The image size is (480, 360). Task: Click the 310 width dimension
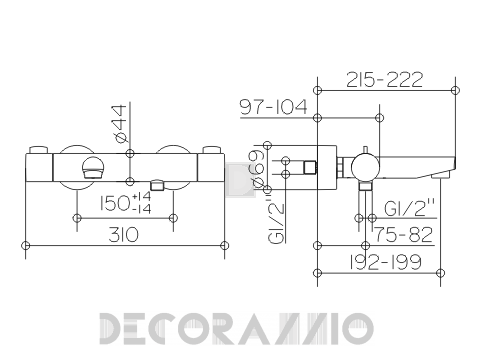[x=123, y=235]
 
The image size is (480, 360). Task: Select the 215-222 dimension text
[x=385, y=80]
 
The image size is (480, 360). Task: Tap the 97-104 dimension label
[x=273, y=107]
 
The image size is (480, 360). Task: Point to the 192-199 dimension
[x=385, y=262]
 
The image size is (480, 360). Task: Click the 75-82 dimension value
[x=404, y=235]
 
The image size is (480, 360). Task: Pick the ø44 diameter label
[x=120, y=123]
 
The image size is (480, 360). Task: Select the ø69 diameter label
[x=259, y=169]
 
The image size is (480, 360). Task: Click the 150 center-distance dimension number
[x=115, y=203]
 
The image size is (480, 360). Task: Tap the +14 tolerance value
[x=141, y=196]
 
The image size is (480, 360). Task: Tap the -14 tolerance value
[x=142, y=209]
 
